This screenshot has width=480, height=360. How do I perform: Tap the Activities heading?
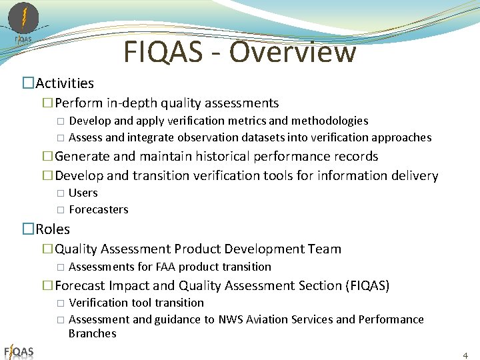(65, 83)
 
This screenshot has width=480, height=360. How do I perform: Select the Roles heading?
(53, 229)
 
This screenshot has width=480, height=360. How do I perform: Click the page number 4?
(465, 355)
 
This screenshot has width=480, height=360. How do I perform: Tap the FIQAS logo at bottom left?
(19, 351)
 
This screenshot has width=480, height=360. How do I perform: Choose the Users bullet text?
(83, 193)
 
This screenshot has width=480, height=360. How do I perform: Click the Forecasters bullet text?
(99, 209)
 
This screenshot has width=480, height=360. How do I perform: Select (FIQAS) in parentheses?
(367, 286)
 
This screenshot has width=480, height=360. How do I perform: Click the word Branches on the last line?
(93, 333)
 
